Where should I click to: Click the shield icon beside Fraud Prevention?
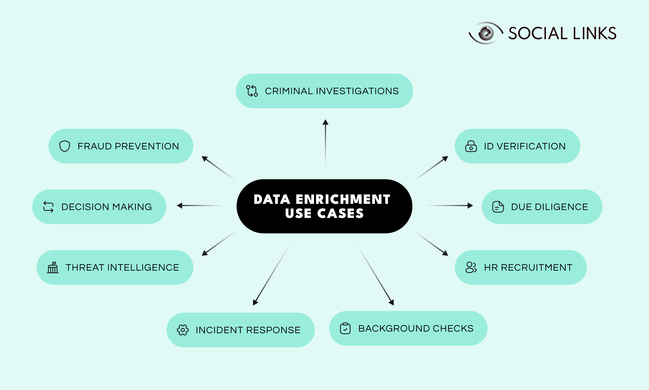[65, 146]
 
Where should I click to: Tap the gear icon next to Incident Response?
[183, 330]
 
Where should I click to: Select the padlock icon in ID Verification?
[471, 146]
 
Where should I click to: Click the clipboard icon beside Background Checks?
[345, 328]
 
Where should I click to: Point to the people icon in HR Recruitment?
[471, 267]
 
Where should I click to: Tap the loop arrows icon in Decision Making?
[48, 207]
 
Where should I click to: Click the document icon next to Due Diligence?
[498, 207]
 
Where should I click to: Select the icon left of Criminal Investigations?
[252, 91]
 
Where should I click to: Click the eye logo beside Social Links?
[486, 33]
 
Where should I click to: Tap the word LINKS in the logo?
[594, 33]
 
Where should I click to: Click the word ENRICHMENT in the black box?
[343, 199]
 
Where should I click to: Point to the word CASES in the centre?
[340, 213]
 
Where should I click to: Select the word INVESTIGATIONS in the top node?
[357, 91]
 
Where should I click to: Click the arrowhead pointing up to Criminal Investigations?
[326, 122]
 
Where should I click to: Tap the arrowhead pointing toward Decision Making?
[180, 206]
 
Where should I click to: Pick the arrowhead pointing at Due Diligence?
[470, 206]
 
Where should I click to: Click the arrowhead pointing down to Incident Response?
[255, 302]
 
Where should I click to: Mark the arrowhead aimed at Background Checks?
[391, 302]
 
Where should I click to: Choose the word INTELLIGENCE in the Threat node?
[143, 267]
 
